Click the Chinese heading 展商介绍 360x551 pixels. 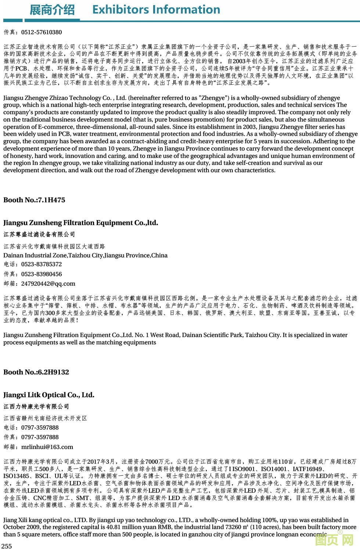coord(52,10)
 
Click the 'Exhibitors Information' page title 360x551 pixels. coord(156,10)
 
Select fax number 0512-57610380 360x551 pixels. coord(42,32)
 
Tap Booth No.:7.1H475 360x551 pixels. coord(34,200)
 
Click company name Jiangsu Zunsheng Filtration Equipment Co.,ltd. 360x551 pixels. coord(80,223)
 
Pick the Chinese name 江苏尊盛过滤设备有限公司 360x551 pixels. coord(39,234)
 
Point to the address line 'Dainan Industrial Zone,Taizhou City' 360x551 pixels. coord(85,255)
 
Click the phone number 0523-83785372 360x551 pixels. coord(42,264)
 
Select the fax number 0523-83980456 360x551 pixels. coord(42,274)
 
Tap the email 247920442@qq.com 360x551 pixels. coord(48,284)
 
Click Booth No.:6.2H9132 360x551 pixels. coord(36,372)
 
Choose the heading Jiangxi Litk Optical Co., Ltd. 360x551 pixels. coord(49,395)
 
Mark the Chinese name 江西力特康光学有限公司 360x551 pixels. coord(36,406)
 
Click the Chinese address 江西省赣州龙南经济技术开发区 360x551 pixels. coord(45,418)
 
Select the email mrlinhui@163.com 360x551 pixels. coord(47,447)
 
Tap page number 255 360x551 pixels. coord(7,546)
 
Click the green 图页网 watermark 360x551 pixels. coord(334,540)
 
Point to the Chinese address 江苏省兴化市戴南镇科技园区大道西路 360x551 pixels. coord(54,246)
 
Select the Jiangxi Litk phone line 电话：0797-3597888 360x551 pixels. coord(31,428)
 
